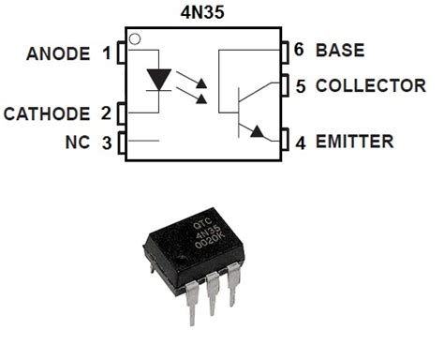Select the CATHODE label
[47, 114]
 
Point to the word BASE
[340, 50]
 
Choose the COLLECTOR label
[370, 85]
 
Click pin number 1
[106, 52]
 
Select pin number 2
[106, 114]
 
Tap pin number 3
[106, 143]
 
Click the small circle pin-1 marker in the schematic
[136, 39]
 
